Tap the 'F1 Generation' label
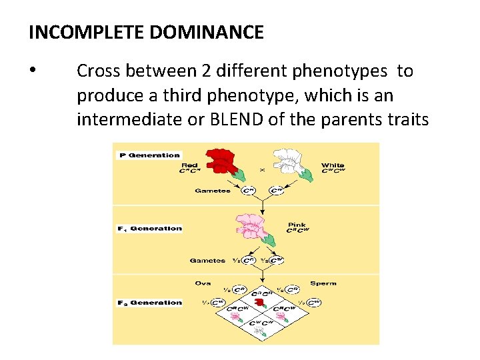pyautogui.click(x=149, y=229)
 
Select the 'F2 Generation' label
pyautogui.click(x=149, y=303)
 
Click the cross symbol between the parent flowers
pyautogui.click(x=262, y=170)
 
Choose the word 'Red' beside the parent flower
pyautogui.click(x=190, y=165)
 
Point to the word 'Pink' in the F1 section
pyautogui.click(x=297, y=225)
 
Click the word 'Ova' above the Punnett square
pyautogui.click(x=203, y=283)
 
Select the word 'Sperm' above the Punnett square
pyautogui.click(x=323, y=283)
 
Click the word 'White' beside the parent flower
pyautogui.click(x=333, y=165)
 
